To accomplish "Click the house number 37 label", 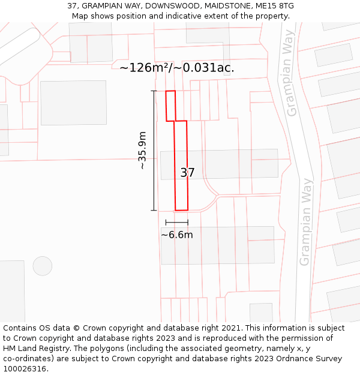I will (187, 173).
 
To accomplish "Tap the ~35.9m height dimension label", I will (142, 150).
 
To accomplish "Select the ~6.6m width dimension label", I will (177, 235).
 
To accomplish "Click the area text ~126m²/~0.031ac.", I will (176, 68).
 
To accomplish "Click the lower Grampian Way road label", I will (305, 222).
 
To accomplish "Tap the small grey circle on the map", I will (43, 266).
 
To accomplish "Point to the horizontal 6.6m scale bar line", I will (177, 223).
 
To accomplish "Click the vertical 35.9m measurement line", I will (154, 150).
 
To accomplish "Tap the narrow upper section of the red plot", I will (171, 106).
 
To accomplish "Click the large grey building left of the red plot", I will (73, 103).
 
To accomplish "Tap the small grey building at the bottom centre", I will (261, 313).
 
